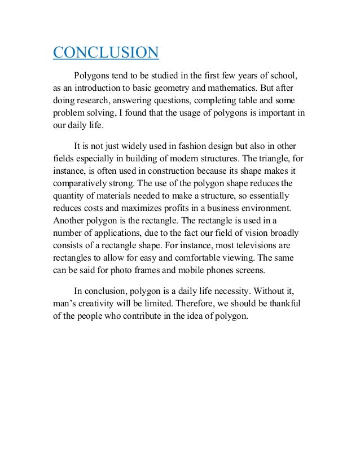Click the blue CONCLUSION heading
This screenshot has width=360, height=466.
(x=106, y=53)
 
